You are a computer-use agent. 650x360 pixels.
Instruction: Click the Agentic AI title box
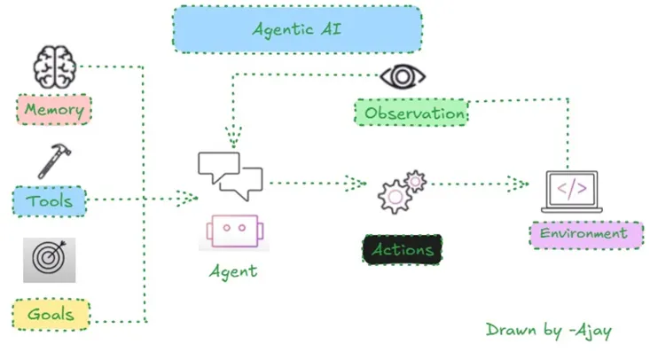(x=297, y=28)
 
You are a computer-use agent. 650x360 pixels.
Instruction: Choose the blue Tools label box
(x=50, y=201)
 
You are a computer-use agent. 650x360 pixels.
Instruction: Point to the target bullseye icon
(x=49, y=259)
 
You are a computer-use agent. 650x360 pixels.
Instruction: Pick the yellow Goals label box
(x=51, y=314)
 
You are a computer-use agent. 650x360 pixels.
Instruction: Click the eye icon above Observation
(x=403, y=77)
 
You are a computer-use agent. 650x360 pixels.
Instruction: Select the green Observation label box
(x=411, y=113)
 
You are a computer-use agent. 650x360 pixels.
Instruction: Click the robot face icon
(x=233, y=230)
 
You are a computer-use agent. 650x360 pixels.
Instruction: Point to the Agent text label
(x=233, y=271)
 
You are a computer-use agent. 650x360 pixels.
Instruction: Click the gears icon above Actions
(x=402, y=190)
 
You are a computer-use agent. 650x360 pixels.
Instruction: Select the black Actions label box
(x=402, y=249)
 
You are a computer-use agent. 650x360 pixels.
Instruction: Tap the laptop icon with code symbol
(x=571, y=191)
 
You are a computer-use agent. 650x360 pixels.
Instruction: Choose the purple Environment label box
(x=586, y=235)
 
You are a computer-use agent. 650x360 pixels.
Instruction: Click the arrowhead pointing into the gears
(x=356, y=184)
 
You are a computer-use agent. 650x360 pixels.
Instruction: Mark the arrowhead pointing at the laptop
(x=519, y=184)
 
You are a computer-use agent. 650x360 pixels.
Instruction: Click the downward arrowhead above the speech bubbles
(x=234, y=138)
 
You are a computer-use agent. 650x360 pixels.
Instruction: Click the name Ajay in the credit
(x=591, y=331)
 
